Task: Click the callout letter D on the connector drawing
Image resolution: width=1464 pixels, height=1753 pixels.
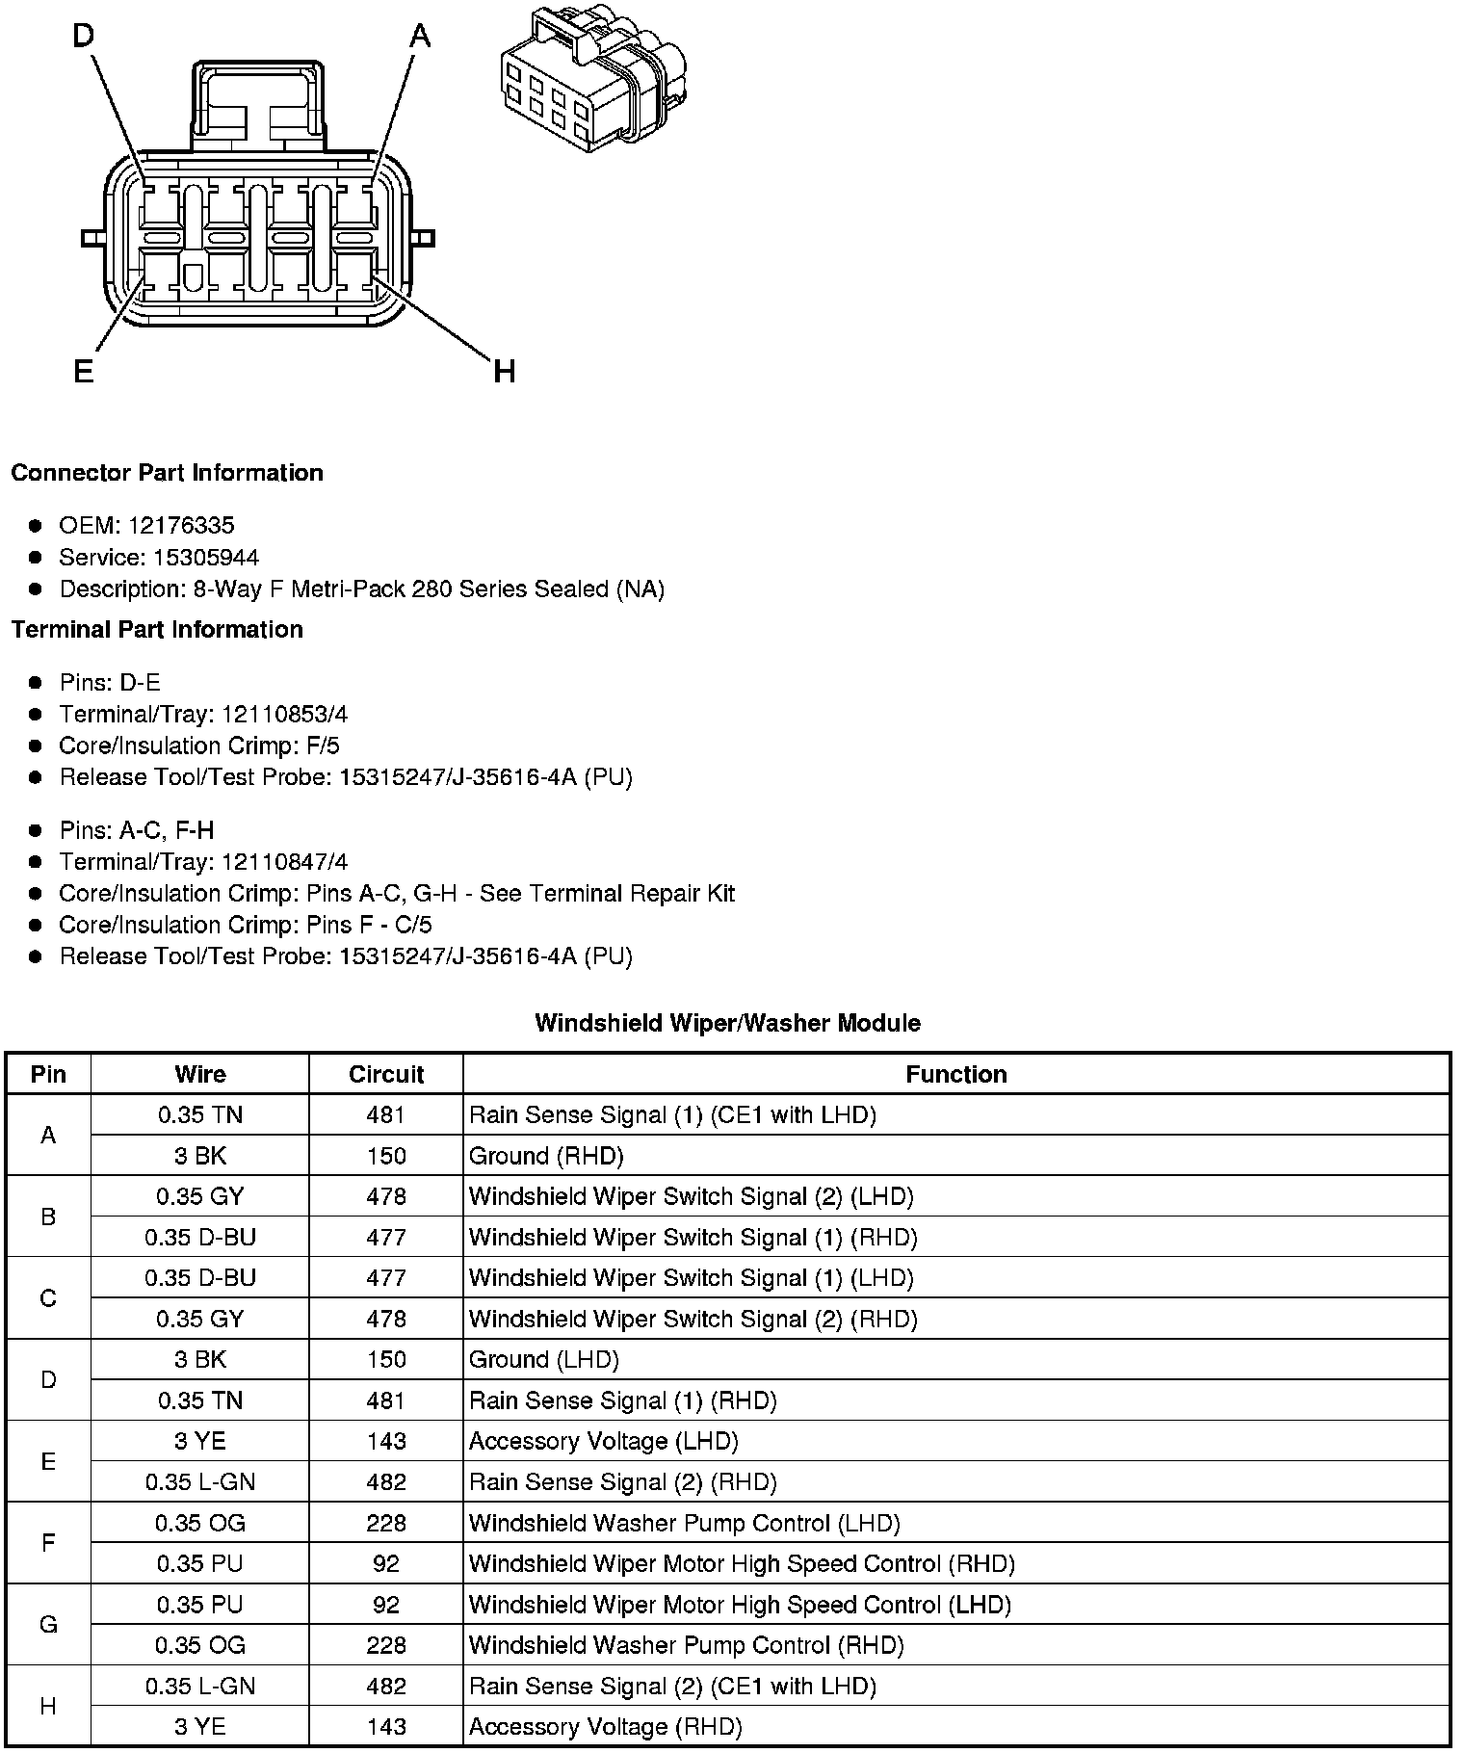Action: pyautogui.click(x=84, y=36)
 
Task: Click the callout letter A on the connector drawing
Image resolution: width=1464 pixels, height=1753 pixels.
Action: pyautogui.click(x=420, y=37)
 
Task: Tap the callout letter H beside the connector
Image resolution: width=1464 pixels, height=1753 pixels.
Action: pyautogui.click(x=504, y=371)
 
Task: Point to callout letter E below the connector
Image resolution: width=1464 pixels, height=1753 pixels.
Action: pyautogui.click(x=84, y=371)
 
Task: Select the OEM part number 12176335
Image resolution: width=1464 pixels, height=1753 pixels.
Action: pyautogui.click(x=180, y=525)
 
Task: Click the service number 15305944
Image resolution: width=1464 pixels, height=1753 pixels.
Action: pyautogui.click(x=206, y=557)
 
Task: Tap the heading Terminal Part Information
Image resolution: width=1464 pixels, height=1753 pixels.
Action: pyautogui.click(x=157, y=629)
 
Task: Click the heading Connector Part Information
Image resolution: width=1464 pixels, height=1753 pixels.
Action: pyautogui.click(x=167, y=472)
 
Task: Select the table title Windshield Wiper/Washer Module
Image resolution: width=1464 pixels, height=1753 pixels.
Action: pyautogui.click(x=727, y=1023)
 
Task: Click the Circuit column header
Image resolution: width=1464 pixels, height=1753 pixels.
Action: pyautogui.click(x=385, y=1074)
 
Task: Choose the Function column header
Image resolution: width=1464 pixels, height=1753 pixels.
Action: pyautogui.click(x=955, y=1074)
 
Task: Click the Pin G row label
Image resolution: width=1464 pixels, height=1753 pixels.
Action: pyautogui.click(x=48, y=1625)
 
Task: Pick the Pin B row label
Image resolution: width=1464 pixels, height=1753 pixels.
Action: pyautogui.click(x=48, y=1217)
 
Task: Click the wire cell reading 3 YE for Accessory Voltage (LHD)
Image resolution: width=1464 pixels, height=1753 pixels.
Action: pyautogui.click(x=200, y=1441)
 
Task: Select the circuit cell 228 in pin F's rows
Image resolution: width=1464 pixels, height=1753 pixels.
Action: pyautogui.click(x=385, y=1523)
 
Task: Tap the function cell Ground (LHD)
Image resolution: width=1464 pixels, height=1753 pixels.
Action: pyautogui.click(x=543, y=1359)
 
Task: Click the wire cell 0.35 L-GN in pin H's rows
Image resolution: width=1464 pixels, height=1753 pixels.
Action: pyautogui.click(x=200, y=1686)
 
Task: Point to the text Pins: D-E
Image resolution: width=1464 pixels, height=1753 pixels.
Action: pyautogui.click(x=110, y=682)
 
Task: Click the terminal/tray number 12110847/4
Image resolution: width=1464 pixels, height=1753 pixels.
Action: pyautogui.click(x=284, y=861)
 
